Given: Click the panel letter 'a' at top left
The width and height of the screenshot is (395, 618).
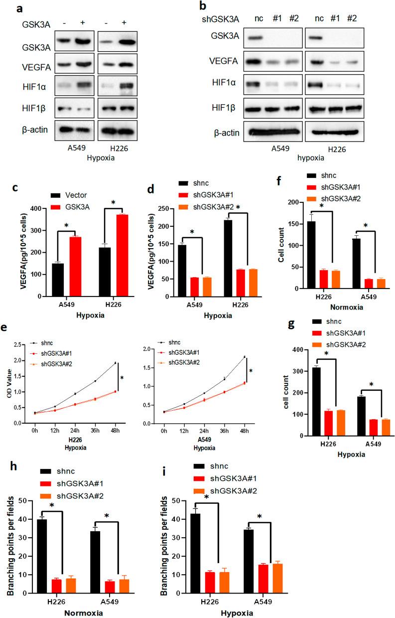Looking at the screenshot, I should coord(7,8).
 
